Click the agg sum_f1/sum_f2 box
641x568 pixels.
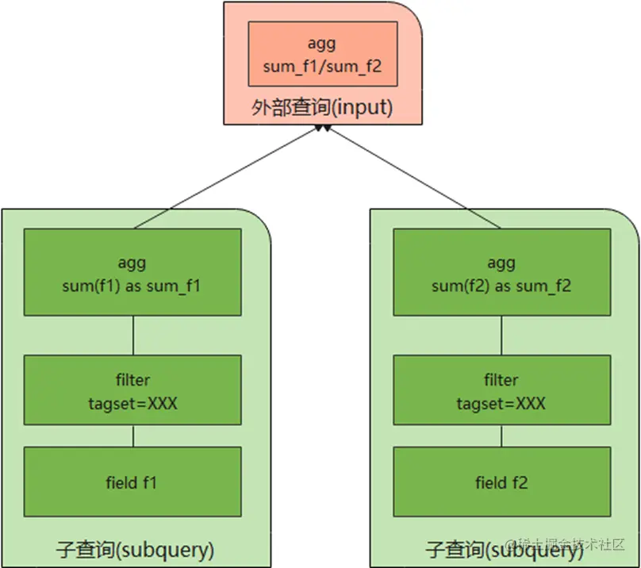322,53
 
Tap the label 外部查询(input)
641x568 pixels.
322,108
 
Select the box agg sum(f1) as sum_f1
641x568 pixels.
132,273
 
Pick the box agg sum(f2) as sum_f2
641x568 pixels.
501,273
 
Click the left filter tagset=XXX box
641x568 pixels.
132,390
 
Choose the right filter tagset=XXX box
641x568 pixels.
501,390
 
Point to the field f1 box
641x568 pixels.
132,482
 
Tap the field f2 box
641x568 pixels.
501,482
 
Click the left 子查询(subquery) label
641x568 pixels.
136,549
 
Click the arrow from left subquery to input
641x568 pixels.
238,175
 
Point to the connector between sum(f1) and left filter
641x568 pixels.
132,336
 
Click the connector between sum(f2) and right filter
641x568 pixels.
501,336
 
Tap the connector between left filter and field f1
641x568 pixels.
132,436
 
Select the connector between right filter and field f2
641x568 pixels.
501,436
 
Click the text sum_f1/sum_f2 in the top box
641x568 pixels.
322,67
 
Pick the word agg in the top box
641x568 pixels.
322,44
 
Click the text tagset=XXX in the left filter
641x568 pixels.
132,403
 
